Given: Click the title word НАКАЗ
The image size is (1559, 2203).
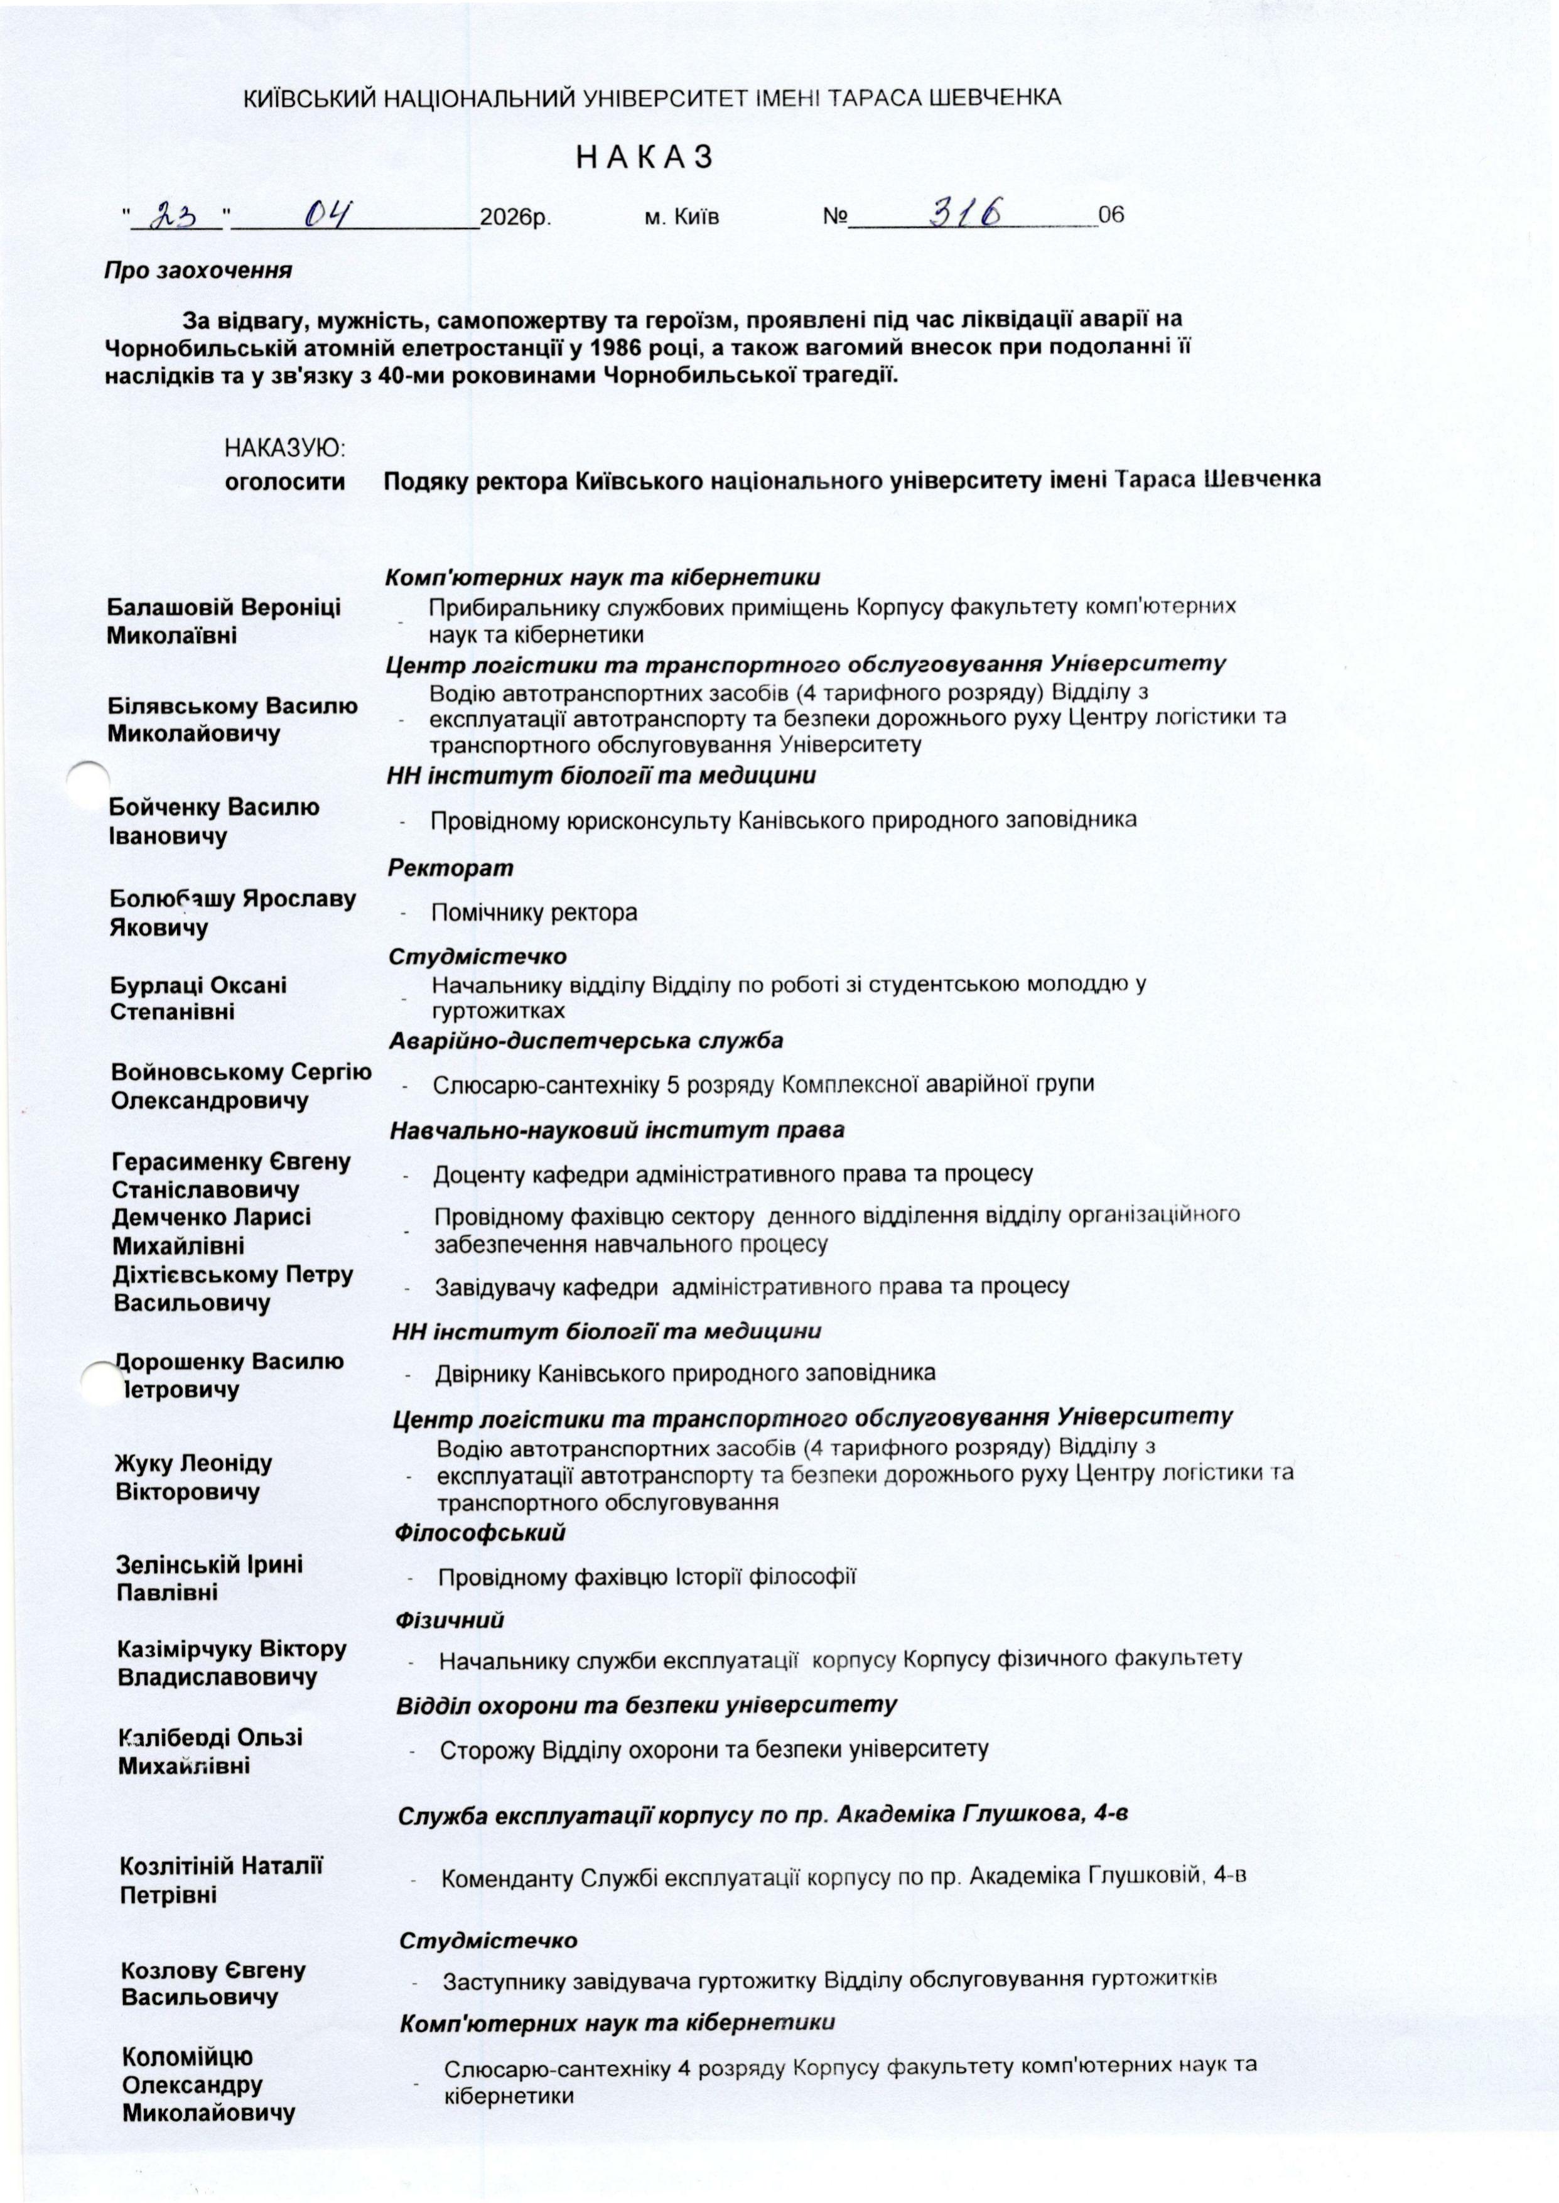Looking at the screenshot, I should tap(644, 158).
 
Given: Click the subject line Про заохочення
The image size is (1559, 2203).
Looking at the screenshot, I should tap(198, 271).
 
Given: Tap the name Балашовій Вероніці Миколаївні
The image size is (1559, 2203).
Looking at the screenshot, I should tap(224, 621).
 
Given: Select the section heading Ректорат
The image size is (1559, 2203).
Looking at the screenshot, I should tap(450, 868).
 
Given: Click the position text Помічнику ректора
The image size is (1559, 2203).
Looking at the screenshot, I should tap(534, 912).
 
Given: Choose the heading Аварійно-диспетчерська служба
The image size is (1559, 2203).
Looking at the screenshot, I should tap(586, 1041).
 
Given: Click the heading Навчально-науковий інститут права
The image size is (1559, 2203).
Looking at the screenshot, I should tap(617, 1130).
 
